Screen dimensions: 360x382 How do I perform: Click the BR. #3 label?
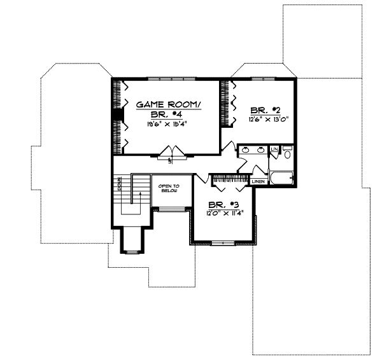pyautogui.click(x=222, y=205)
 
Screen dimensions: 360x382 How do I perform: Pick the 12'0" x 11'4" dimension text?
pyautogui.click(x=222, y=214)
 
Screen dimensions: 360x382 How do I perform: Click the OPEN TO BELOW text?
pyautogui.click(x=169, y=189)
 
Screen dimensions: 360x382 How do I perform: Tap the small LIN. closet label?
pyautogui.click(x=274, y=149)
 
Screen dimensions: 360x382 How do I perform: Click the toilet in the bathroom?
pyautogui.click(x=287, y=153)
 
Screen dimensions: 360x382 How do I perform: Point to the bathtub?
pyautogui.click(x=280, y=177)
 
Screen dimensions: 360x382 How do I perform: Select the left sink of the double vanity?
pyautogui.click(x=246, y=151)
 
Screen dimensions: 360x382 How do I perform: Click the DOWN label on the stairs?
pyautogui.click(x=118, y=185)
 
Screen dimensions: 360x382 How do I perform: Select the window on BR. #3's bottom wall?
pyautogui.click(x=223, y=243)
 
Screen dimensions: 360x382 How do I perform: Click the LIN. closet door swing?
pyautogui.click(x=275, y=155)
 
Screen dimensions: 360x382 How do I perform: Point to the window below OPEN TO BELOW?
pyautogui.click(x=169, y=208)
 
